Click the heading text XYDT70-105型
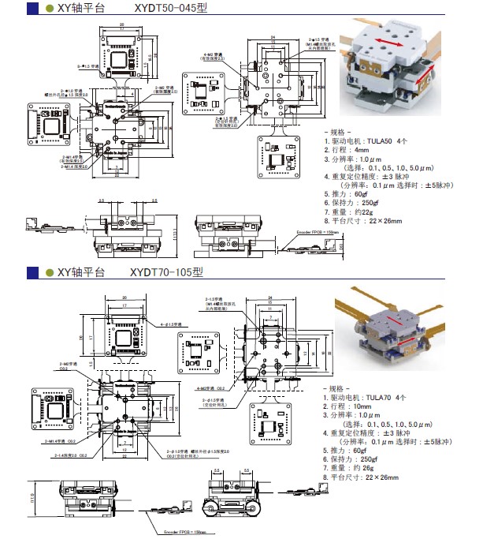167,273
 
